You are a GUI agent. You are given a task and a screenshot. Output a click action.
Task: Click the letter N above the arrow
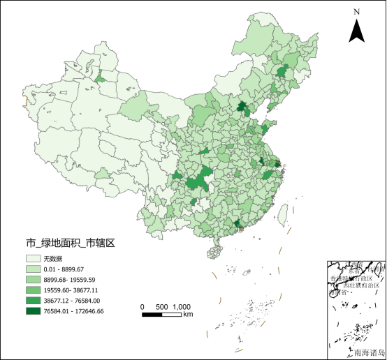[x=356, y=11]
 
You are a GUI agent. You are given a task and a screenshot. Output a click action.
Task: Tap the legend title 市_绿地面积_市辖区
[x=70, y=243]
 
